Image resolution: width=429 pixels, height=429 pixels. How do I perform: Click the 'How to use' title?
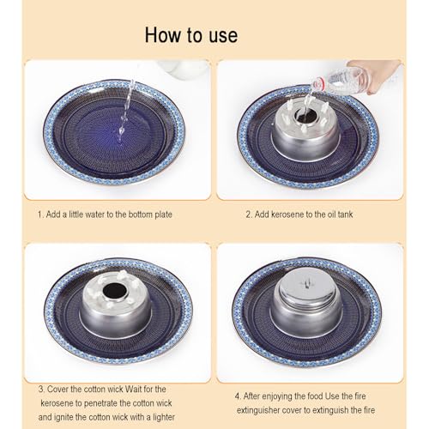point(191,35)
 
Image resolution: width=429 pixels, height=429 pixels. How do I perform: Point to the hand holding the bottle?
point(376,75)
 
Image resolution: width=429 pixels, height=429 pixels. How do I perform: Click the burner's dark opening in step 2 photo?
point(305,115)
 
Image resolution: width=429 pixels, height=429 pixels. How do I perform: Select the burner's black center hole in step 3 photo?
point(115,290)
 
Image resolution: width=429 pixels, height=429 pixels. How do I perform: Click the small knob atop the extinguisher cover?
point(306,283)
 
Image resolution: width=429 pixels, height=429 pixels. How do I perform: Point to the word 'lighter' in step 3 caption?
point(162,417)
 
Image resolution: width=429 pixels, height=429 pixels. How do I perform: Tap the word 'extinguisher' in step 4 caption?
point(258,410)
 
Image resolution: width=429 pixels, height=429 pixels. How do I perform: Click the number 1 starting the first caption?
point(40,214)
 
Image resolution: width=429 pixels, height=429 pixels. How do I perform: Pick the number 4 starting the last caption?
point(239,396)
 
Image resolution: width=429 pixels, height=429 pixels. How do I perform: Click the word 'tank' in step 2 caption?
point(345,214)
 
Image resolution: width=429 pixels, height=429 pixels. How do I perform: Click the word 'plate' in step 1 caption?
point(163,214)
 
